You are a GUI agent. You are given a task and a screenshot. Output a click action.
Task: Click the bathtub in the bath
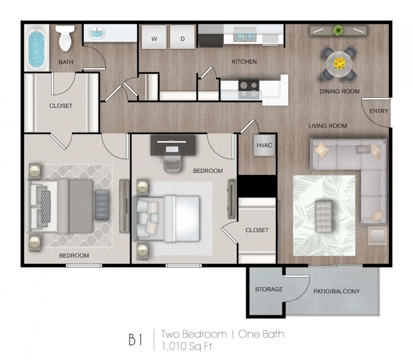pyautogui.click(x=37, y=48)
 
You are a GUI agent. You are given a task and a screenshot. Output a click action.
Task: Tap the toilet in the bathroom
pyautogui.click(x=65, y=38)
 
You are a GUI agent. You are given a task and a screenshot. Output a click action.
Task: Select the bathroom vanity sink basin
pyautogui.click(x=97, y=33)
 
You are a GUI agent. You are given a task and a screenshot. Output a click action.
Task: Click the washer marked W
pyautogui.click(x=154, y=37)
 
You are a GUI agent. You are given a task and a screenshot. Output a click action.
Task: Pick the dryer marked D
pyautogui.click(x=182, y=37)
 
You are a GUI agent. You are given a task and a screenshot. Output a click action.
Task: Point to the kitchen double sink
pyautogui.click(x=245, y=35)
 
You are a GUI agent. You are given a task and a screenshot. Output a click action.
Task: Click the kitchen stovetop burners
pyautogui.click(x=249, y=89)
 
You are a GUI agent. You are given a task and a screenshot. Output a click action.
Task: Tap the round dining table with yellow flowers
pyautogui.click(x=339, y=64)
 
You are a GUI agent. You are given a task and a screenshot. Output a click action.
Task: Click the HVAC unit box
pyautogui.click(x=264, y=145)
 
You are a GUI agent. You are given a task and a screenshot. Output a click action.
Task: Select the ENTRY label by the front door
pyautogui.click(x=379, y=111)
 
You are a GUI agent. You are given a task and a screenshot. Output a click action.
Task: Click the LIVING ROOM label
pyautogui.click(x=328, y=126)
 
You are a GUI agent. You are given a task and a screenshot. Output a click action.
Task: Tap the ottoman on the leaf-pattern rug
pyautogui.click(x=324, y=216)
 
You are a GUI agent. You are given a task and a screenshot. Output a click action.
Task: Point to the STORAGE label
pyautogui.click(x=269, y=289)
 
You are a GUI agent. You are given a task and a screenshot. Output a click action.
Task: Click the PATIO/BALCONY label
pyautogui.click(x=337, y=291)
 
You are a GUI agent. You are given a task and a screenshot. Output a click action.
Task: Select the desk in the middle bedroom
pyautogui.click(x=173, y=145)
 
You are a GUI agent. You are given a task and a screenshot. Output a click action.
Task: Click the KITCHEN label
pyautogui.click(x=244, y=61)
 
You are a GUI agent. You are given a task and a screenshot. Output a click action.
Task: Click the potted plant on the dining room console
pyautogui.click(x=338, y=30)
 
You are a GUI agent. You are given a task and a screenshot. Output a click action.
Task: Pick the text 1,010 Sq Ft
pyautogui.click(x=186, y=346)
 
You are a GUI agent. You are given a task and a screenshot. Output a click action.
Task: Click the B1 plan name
pyautogui.click(x=135, y=339)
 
